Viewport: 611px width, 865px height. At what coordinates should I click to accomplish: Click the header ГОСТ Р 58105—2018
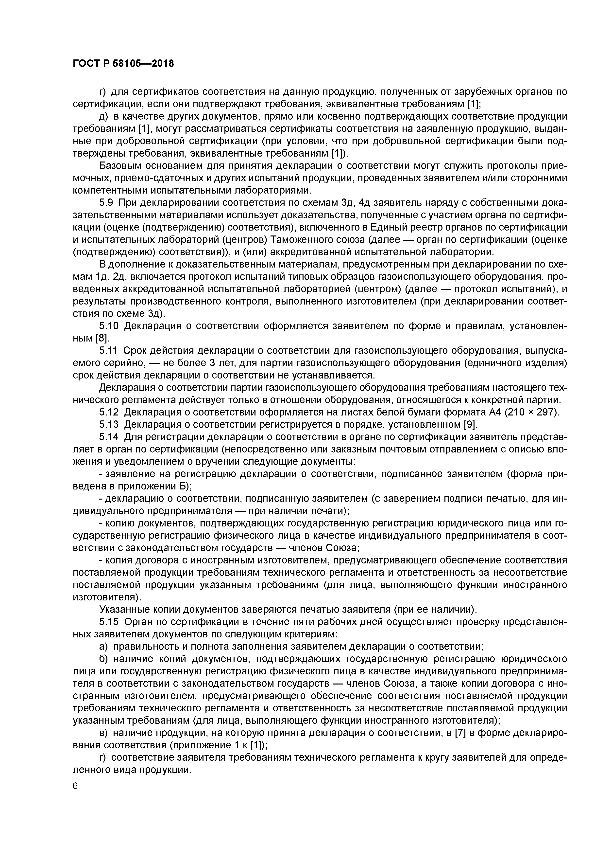(123, 64)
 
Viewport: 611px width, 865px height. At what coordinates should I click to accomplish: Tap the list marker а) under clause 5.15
(103, 647)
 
